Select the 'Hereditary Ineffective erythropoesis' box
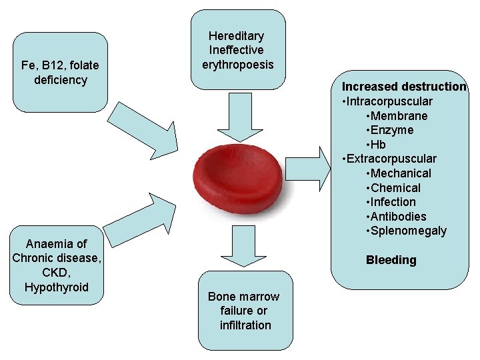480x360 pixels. coord(237,49)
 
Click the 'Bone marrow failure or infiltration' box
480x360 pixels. coord(245,310)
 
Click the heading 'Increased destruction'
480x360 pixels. coord(404,87)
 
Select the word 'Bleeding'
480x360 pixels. coord(391,260)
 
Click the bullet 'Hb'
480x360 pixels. coord(378,145)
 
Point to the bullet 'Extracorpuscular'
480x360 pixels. coord(391,159)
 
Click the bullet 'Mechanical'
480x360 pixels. coord(401,173)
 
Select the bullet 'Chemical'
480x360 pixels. coord(395,188)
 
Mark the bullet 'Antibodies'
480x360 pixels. coord(399,217)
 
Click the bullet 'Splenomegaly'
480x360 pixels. coord(409,231)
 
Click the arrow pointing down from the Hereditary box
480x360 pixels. coord(241,116)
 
